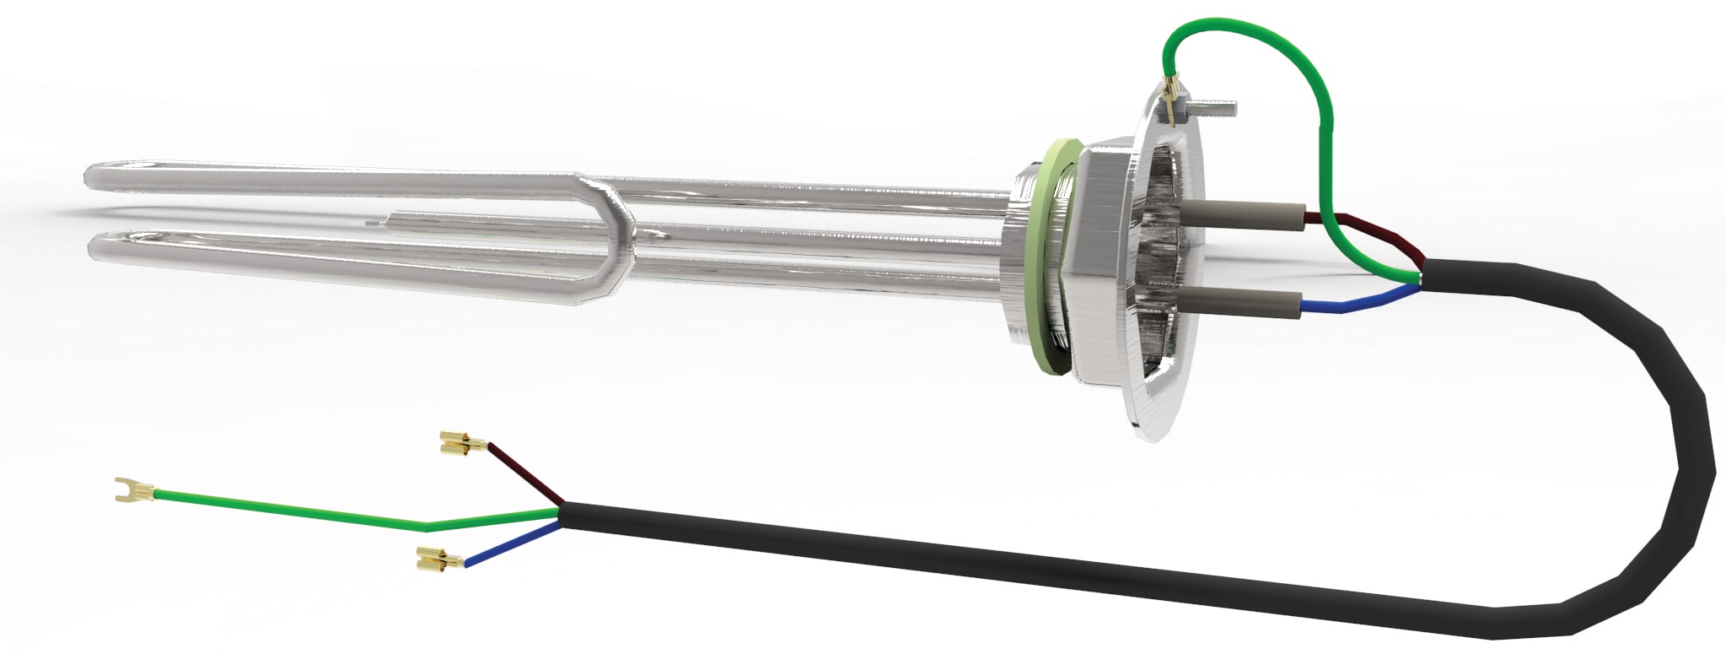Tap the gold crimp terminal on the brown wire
461,442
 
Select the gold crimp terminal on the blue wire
438,559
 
